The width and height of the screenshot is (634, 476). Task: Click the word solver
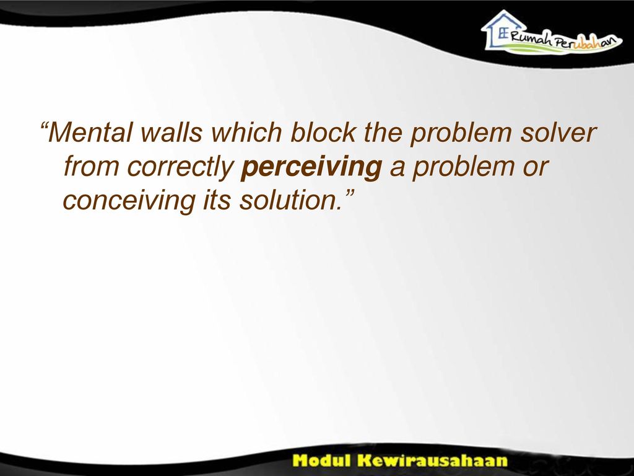click(558, 132)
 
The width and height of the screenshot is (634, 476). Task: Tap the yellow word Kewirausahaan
click(432, 461)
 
